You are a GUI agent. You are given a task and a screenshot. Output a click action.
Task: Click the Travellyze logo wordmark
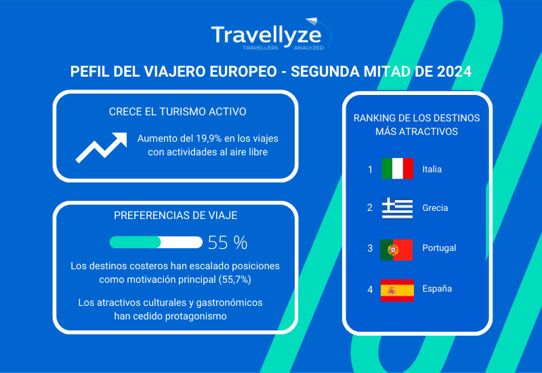pos(266,35)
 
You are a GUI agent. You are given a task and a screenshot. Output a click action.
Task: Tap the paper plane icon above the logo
pos(312,21)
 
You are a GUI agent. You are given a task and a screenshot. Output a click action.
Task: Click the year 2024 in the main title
pos(454,71)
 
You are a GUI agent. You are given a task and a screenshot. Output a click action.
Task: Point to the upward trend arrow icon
pos(101,147)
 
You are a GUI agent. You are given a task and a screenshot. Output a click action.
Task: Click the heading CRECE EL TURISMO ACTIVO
pos(178,112)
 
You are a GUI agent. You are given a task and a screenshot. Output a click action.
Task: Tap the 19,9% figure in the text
pos(209,138)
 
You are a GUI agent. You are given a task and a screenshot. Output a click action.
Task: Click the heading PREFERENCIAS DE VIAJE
pos(175,215)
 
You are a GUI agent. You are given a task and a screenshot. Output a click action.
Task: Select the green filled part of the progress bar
pos(135,242)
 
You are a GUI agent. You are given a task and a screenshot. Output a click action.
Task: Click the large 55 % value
pos(228,243)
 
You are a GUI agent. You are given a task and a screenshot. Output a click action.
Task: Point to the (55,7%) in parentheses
pos(234,279)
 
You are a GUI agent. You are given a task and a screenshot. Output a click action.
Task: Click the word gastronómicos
pos(229,302)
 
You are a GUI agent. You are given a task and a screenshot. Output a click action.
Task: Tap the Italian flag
pos(397,168)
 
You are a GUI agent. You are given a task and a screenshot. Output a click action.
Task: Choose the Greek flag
pos(397,208)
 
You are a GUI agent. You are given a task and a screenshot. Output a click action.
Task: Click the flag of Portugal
pos(396,250)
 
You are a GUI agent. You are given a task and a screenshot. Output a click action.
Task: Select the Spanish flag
pos(397,290)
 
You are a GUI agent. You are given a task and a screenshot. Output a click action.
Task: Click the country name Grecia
pos(435,208)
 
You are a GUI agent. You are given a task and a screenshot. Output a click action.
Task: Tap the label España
pos(437,289)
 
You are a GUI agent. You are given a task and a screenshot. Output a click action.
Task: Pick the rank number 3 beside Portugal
pos(370,248)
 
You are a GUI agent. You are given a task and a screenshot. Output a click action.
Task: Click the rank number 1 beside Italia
pos(370,170)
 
